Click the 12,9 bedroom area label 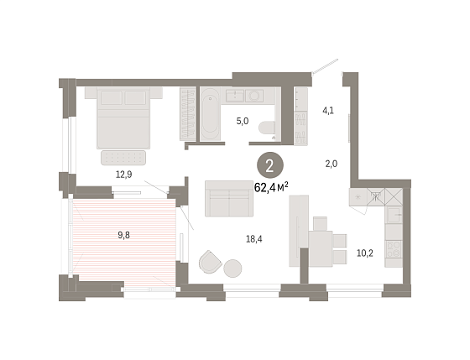click(124, 175)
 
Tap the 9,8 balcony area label click(124, 235)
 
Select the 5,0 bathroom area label click(243, 122)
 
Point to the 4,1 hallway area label click(328, 111)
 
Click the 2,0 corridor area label click(332, 164)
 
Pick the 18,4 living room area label click(253, 239)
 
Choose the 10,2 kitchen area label click(365, 253)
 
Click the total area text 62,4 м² click(271, 187)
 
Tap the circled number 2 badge click(270, 166)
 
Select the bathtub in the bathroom click(210, 114)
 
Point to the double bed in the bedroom click(123, 117)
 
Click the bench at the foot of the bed click(123, 158)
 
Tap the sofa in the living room click(229, 198)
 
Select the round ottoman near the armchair click(232, 269)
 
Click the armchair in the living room click(210, 262)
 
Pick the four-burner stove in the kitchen click(394, 249)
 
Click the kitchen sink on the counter click(394, 215)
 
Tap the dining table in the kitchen click(321, 248)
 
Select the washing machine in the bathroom click(254, 96)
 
